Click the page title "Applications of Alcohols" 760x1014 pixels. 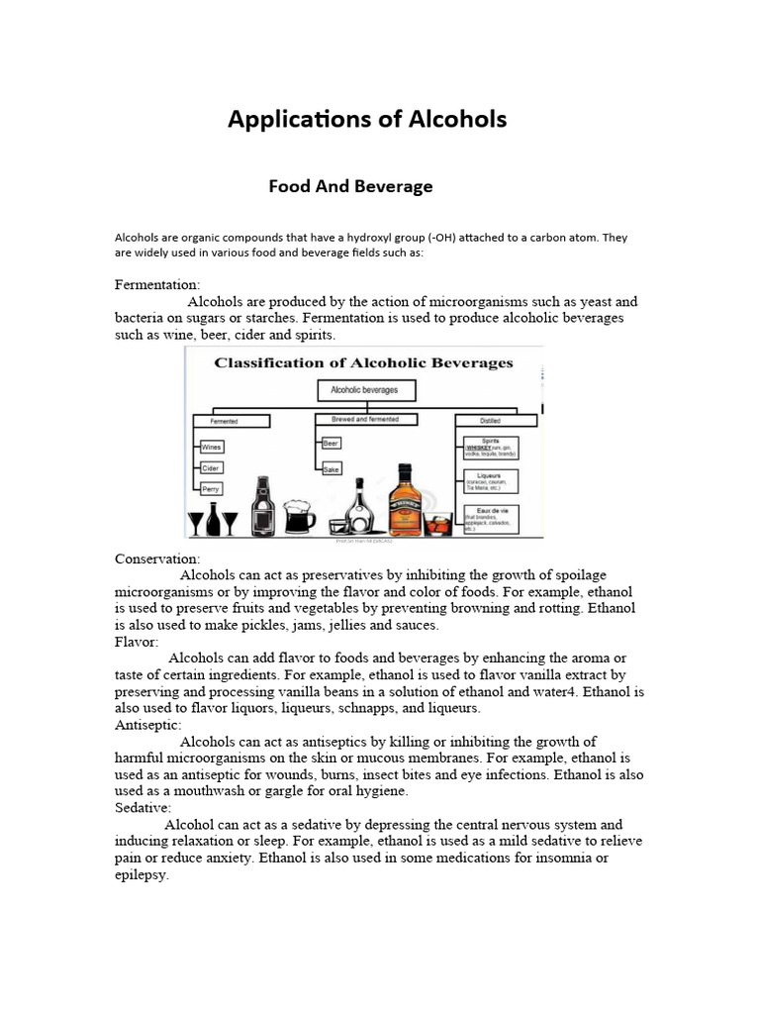pyautogui.click(x=367, y=120)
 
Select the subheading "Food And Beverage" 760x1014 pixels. pyautogui.click(x=350, y=186)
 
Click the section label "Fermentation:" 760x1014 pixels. pyautogui.click(x=157, y=284)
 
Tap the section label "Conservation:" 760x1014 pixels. pyautogui.click(x=157, y=558)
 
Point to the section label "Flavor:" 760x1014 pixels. pyautogui.click(x=137, y=642)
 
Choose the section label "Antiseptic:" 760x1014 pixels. pyautogui.click(x=148, y=725)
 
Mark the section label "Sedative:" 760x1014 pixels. pyautogui.click(x=143, y=808)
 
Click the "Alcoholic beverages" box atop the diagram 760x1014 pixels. pyautogui.click(x=357, y=390)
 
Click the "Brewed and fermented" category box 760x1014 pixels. pyautogui.click(x=358, y=420)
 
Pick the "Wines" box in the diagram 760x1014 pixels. pyautogui.click(x=212, y=447)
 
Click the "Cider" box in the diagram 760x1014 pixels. pyautogui.click(x=211, y=467)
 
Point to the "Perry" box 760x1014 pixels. pyautogui.click(x=211, y=488)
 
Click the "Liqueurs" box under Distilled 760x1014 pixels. pyautogui.click(x=489, y=480)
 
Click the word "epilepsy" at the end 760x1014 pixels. pyautogui.click(x=142, y=876)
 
